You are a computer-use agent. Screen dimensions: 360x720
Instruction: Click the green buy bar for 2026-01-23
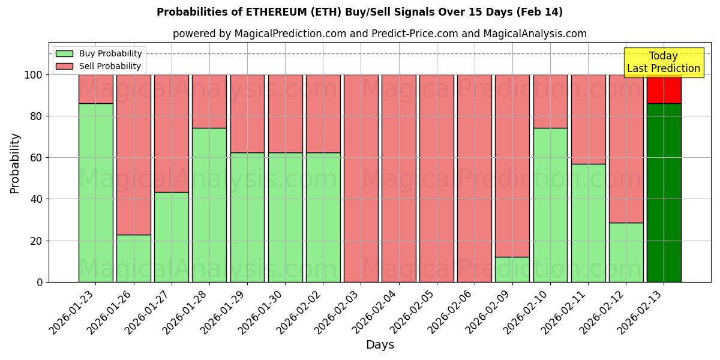coord(96,193)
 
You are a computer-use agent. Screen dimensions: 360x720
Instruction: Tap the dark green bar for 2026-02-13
coord(664,193)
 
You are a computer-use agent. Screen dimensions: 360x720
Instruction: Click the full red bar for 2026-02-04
coord(399,178)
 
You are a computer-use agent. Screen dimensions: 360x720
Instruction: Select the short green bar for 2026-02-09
coord(512,269)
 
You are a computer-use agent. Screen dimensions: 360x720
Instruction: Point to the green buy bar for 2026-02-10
coord(550,205)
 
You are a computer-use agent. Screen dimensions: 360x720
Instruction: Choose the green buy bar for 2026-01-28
coord(209,205)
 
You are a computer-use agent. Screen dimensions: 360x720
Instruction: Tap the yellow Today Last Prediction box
coord(663,62)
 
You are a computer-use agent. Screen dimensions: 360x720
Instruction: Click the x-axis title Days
coord(380,345)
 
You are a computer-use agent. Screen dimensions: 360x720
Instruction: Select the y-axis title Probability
coord(15,163)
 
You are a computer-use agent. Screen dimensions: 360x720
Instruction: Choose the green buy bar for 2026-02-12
coord(626,252)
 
